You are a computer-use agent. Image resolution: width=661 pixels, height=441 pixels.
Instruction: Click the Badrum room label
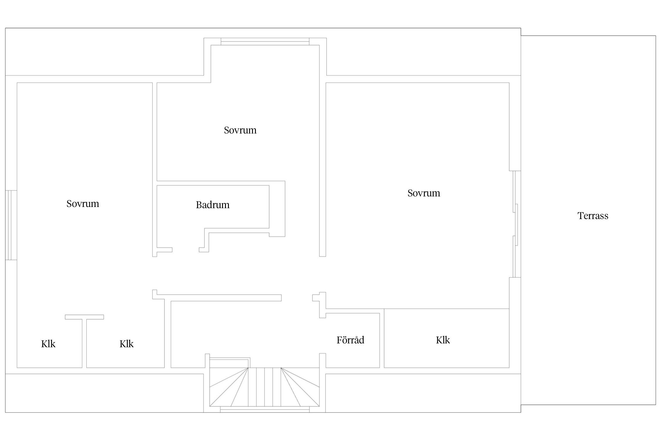tap(213, 205)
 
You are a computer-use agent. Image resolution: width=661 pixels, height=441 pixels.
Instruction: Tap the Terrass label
tap(593, 216)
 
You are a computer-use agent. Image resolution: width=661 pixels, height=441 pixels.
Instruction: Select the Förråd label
tap(350, 340)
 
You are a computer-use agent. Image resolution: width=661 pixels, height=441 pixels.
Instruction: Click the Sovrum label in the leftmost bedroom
tap(83, 203)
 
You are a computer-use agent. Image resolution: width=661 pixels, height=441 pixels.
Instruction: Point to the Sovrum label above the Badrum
tap(240, 130)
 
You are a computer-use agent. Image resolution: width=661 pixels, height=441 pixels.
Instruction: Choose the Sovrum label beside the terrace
tap(424, 193)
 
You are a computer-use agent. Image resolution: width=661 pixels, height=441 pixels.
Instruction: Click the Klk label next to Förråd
tap(443, 340)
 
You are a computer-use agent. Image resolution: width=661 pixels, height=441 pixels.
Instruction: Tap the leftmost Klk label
tap(48, 344)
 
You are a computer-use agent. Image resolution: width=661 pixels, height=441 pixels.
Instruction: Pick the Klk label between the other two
tap(126, 344)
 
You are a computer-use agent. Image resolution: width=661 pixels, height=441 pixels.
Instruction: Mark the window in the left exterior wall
tap(11, 225)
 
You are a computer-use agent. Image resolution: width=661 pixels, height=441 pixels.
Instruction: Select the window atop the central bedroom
tap(265, 41)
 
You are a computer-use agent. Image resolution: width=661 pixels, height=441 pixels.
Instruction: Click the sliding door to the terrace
tap(515, 224)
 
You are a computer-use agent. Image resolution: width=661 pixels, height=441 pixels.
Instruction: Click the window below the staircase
tap(265, 409)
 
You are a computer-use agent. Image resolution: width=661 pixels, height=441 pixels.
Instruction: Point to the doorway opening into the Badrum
tap(186, 250)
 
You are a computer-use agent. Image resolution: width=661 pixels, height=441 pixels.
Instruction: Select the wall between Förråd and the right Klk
tap(382, 340)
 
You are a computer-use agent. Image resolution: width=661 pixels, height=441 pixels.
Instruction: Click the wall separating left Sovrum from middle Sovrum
tap(155, 170)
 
